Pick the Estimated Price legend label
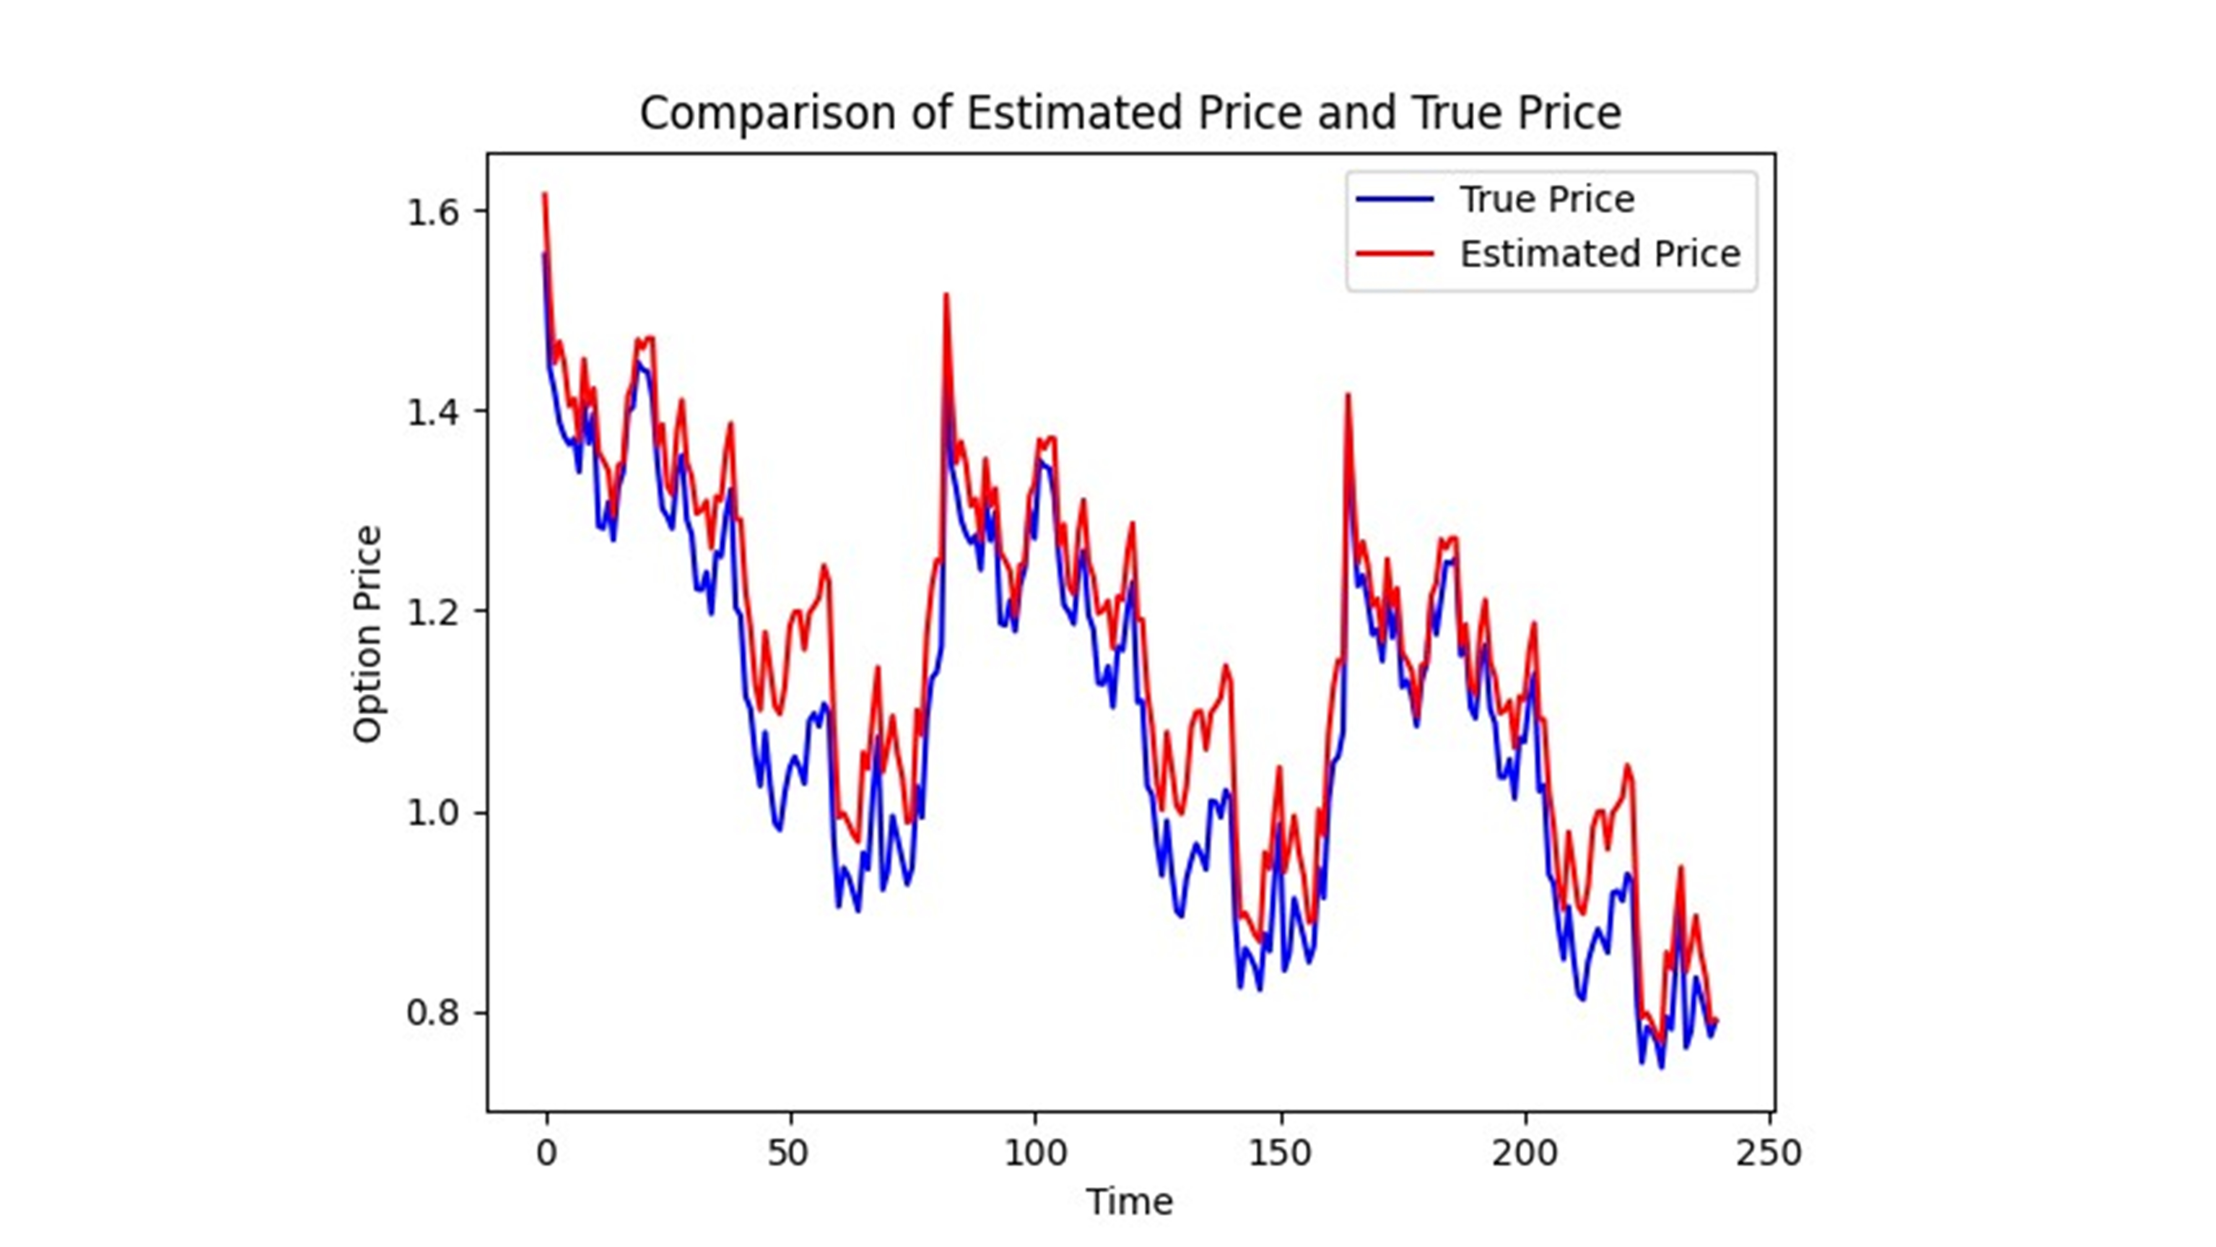pos(1599,254)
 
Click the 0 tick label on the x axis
pos(546,1152)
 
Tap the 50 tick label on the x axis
pos(788,1152)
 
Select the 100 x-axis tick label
pos(1035,1152)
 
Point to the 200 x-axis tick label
pos(1524,1152)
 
